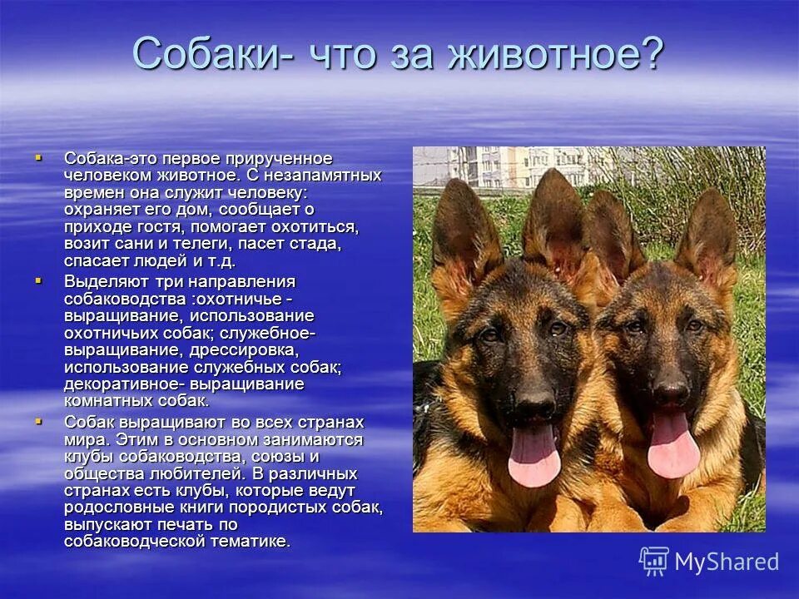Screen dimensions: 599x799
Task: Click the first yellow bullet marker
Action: (x=37, y=156)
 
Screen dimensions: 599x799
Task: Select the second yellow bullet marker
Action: (x=37, y=280)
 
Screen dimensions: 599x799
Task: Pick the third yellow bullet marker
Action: (x=37, y=422)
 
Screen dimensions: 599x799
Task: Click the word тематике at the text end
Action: (x=250, y=542)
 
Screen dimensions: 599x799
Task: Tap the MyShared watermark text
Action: (x=727, y=562)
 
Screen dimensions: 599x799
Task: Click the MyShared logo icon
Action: (x=654, y=561)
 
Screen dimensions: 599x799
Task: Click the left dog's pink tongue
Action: (x=534, y=453)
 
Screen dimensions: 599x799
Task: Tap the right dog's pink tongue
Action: (x=672, y=441)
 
